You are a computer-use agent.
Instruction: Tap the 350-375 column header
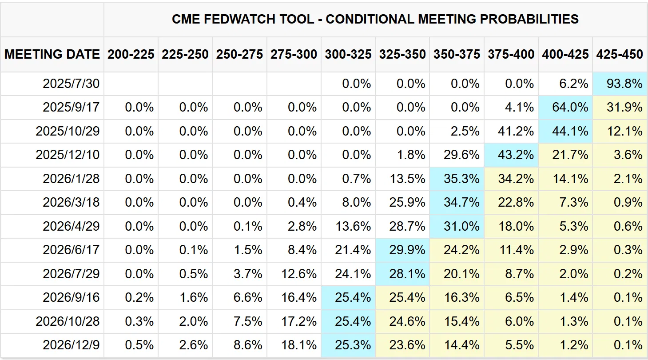point(457,54)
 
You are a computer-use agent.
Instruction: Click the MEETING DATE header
point(52,54)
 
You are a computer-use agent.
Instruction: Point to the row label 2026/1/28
point(71,179)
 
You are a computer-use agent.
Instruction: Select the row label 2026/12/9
point(71,345)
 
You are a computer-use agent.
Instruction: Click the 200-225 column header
point(131,54)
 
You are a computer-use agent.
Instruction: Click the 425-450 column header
point(620,54)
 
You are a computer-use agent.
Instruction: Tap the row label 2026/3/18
point(71,202)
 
